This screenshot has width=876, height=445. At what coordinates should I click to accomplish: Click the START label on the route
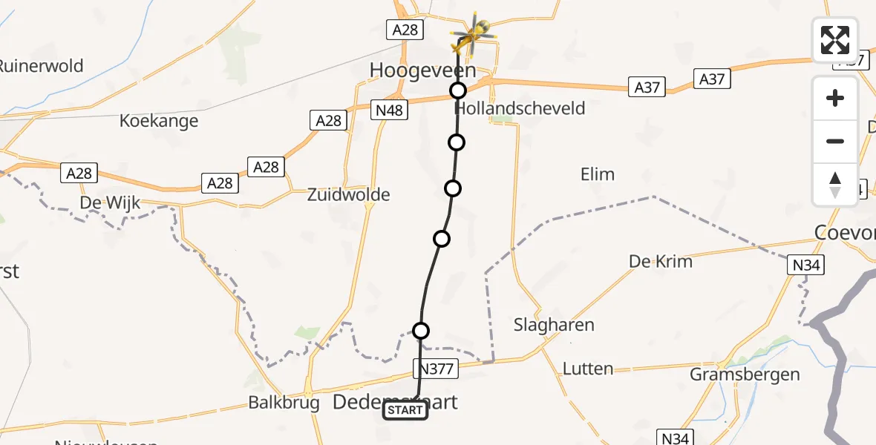pyautogui.click(x=405, y=410)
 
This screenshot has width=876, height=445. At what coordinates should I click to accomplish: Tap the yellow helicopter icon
pyautogui.click(x=473, y=35)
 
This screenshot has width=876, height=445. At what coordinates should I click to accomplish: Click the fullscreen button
pyautogui.click(x=835, y=40)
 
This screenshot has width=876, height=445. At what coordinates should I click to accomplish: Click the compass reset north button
pyautogui.click(x=835, y=185)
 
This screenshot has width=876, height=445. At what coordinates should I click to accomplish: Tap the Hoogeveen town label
pyautogui.click(x=423, y=70)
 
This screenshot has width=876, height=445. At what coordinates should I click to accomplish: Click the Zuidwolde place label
pyautogui.click(x=349, y=195)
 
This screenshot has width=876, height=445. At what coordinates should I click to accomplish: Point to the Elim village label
pyautogui.click(x=598, y=175)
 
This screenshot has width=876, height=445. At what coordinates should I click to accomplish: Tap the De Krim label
pyautogui.click(x=660, y=261)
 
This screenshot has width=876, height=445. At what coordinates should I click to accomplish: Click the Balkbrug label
pyautogui.click(x=284, y=403)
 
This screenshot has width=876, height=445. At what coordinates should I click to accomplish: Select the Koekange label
pyautogui.click(x=159, y=121)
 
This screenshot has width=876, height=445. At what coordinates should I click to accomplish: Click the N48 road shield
pyautogui.click(x=390, y=110)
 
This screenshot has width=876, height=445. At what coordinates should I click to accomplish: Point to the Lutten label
pyautogui.click(x=588, y=369)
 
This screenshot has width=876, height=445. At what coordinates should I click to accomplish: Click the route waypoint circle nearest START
pyautogui.click(x=421, y=331)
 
